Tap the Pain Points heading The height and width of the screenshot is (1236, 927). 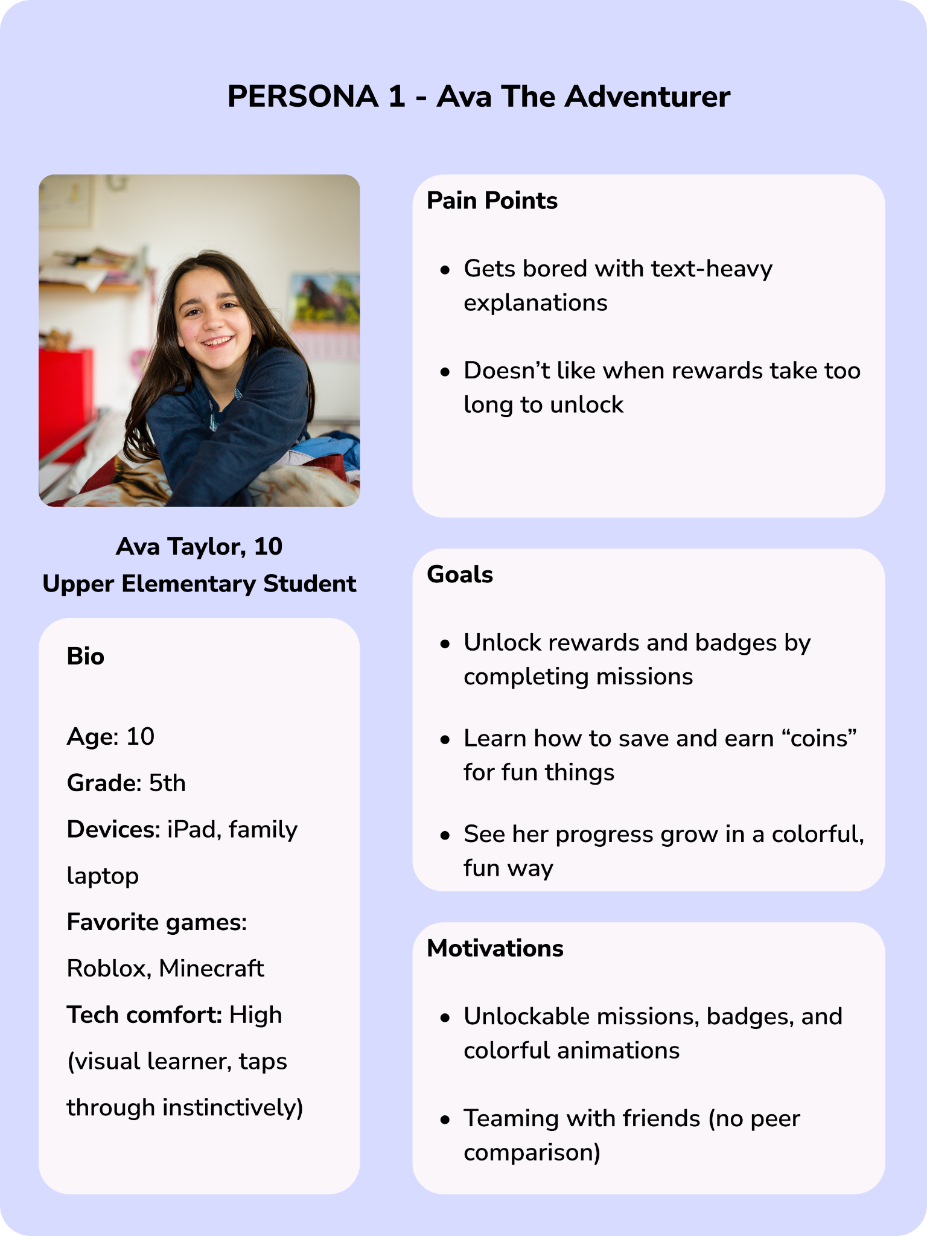[x=492, y=201]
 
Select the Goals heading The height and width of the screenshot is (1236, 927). [x=460, y=575]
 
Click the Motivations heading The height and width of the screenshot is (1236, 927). [x=495, y=948]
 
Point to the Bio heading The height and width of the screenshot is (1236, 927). [x=86, y=657]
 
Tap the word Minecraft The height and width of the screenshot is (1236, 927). [x=211, y=969]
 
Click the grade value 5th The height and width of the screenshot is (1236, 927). [x=167, y=783]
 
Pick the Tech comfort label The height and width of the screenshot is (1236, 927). [x=145, y=1015]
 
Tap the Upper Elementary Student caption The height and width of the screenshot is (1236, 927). [x=199, y=584]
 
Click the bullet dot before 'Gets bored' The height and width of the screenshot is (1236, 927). [x=445, y=270]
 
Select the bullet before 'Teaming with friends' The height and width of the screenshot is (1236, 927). [x=445, y=1120]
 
